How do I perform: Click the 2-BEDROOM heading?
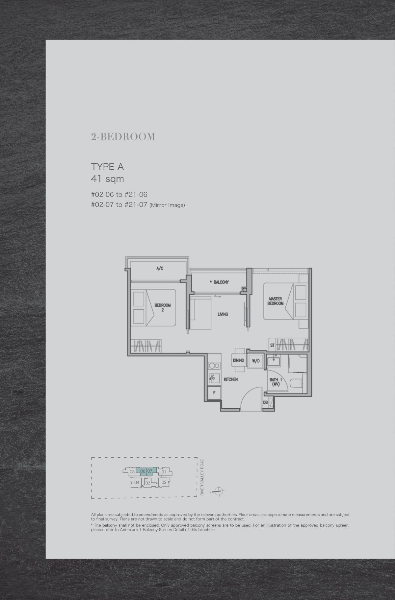(123, 137)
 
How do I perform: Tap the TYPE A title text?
(107, 167)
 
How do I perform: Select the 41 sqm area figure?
(107, 179)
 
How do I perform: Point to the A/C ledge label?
(160, 269)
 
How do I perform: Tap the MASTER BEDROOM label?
(275, 301)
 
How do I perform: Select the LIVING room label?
(223, 314)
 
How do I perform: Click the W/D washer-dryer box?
(256, 361)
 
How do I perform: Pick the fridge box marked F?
(214, 393)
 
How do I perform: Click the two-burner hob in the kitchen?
(214, 365)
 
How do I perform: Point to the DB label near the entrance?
(265, 402)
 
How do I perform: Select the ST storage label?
(272, 345)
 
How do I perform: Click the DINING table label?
(238, 360)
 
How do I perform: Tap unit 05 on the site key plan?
(132, 472)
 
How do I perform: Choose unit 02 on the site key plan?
(164, 482)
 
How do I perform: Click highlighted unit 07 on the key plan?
(150, 471)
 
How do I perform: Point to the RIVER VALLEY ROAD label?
(202, 477)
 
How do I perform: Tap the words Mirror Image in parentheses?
(167, 205)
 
